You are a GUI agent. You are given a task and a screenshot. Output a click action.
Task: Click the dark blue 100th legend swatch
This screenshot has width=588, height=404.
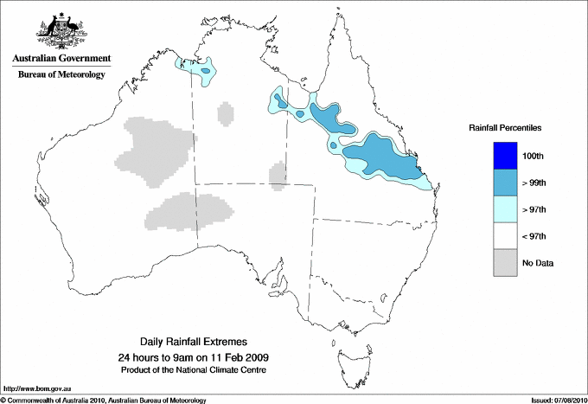(497, 156)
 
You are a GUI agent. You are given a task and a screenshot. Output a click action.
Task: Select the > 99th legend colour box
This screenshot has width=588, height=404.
(497, 183)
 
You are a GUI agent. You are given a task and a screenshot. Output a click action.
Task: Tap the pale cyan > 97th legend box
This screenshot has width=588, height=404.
(497, 209)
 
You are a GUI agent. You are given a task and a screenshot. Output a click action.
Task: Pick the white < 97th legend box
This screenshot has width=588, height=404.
(497, 236)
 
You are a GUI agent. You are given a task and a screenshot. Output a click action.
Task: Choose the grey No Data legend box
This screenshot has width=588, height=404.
(497, 262)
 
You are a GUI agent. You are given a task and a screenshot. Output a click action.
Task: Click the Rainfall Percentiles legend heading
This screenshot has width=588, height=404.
(505, 128)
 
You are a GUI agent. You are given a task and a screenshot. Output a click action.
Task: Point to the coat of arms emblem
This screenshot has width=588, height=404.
(61, 28)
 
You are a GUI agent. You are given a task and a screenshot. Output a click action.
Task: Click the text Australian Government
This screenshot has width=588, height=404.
(61, 59)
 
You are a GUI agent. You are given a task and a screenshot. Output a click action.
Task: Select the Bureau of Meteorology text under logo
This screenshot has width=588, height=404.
(61, 75)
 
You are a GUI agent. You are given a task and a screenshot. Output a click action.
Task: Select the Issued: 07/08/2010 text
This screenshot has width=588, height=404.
(557, 400)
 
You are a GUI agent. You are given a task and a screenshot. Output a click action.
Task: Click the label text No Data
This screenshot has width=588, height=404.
(538, 262)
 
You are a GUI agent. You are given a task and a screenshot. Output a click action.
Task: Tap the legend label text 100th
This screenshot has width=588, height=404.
(533, 156)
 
